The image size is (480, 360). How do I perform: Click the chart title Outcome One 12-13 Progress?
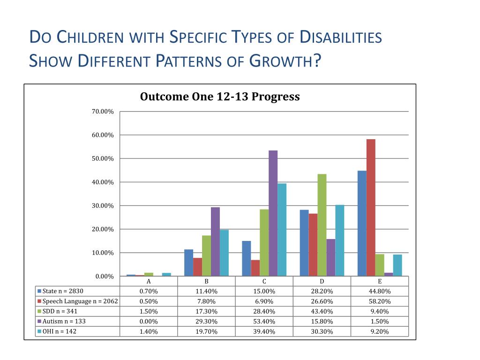[x=219, y=97]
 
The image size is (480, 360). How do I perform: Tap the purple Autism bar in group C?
[x=273, y=213]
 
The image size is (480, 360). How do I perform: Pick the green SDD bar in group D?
[x=322, y=225]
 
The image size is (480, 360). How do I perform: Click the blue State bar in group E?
[x=362, y=223]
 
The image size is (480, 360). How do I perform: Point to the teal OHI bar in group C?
[x=282, y=230]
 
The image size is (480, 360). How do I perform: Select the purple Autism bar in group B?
[x=215, y=241]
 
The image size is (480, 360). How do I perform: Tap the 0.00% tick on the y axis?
[x=105, y=277]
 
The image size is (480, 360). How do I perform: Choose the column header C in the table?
[x=264, y=281]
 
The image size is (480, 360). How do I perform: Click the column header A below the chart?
[x=149, y=281]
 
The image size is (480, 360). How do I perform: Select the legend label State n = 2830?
[x=63, y=291]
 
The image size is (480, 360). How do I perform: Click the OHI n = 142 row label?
[x=59, y=331]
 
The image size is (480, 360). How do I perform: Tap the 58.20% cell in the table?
[x=380, y=301]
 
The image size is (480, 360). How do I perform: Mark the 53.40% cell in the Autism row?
[x=264, y=322]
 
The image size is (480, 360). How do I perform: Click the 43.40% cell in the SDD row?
[x=322, y=311]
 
